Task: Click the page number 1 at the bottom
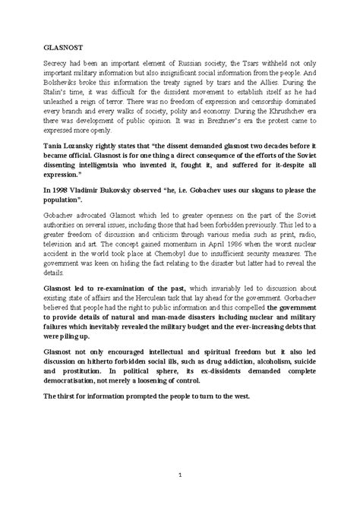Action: [179, 476]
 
